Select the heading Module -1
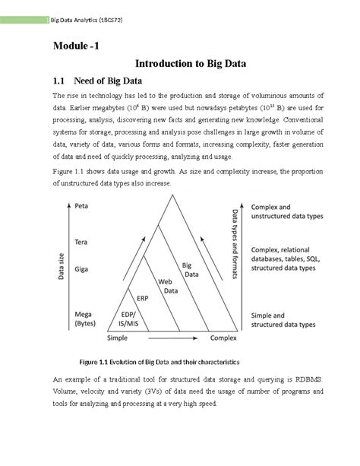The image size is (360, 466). [x=75, y=46]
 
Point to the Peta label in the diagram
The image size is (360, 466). [x=83, y=206]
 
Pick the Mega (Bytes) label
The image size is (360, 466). [x=86, y=319]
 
